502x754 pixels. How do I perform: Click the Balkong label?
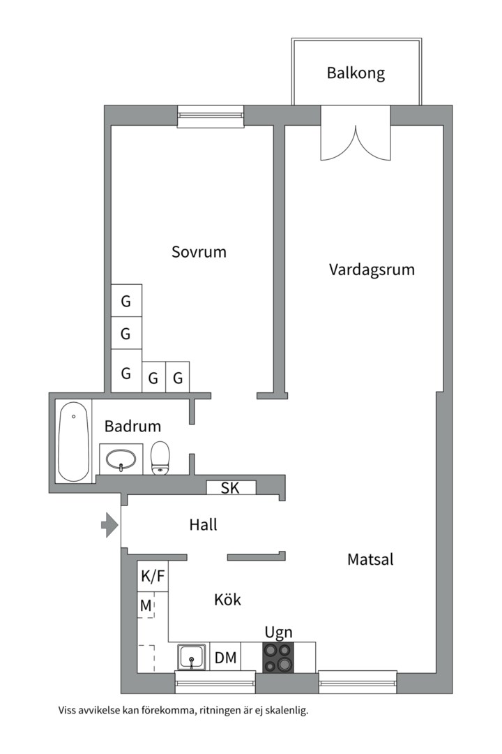tap(356, 73)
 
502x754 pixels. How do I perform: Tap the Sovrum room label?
tap(199, 252)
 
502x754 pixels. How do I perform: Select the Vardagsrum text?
tap(372, 269)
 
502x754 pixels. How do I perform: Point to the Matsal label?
tap(370, 559)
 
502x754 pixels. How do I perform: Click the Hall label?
tap(203, 524)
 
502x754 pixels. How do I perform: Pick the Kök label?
tap(227, 599)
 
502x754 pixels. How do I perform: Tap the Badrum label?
tap(132, 426)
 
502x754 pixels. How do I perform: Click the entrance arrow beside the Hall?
tap(109, 525)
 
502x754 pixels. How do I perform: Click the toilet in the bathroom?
tap(160, 457)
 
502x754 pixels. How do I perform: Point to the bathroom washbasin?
tap(121, 459)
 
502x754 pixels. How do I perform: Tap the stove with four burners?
tap(278, 658)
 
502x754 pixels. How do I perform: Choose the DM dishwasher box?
tap(225, 658)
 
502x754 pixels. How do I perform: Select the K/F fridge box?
tap(153, 576)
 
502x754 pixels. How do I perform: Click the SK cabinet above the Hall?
tap(230, 488)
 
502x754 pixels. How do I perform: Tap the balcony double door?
tap(355, 134)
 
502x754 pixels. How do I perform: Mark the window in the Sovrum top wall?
tap(211, 116)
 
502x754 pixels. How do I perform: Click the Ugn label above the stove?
tap(278, 633)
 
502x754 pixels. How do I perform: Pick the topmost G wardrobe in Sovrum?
tap(126, 302)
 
